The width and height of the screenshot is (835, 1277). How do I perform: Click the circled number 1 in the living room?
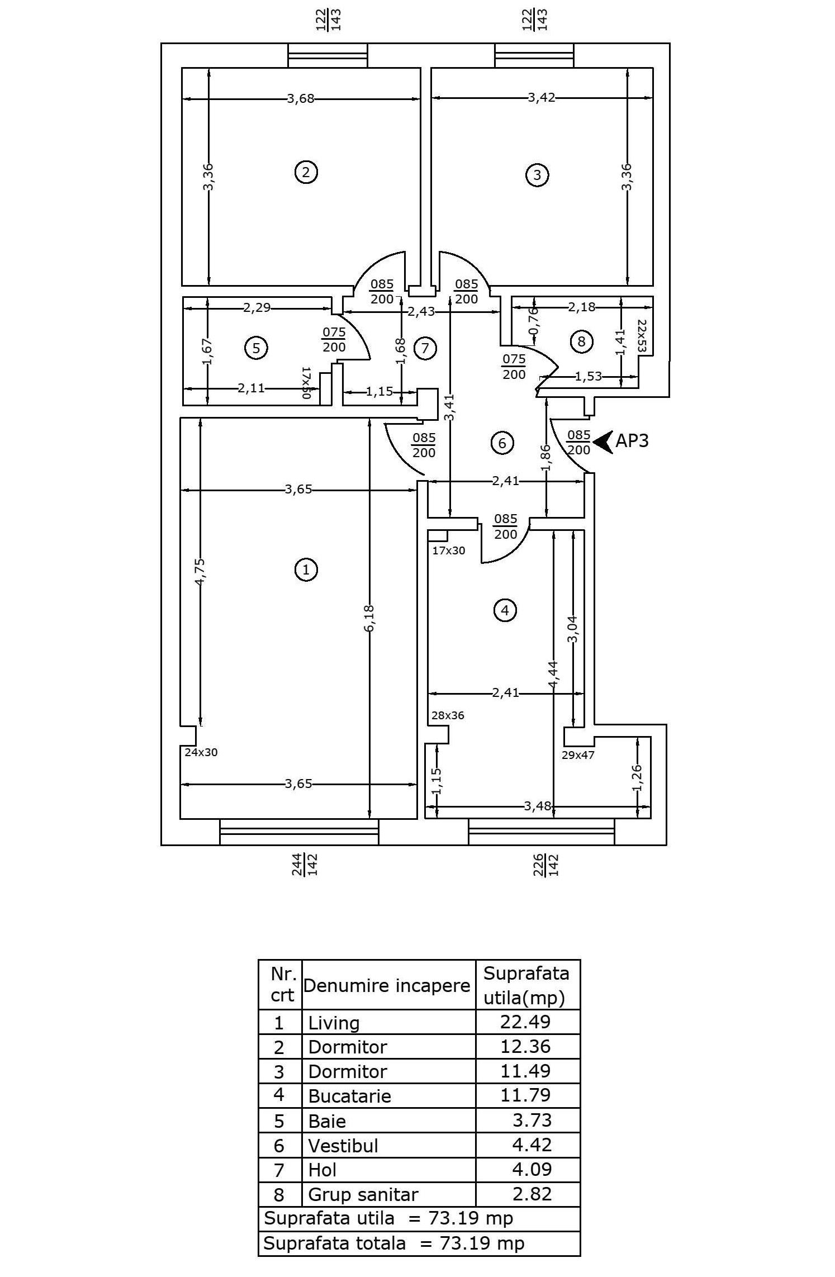tap(306, 570)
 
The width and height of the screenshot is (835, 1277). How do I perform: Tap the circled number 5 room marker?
tap(256, 348)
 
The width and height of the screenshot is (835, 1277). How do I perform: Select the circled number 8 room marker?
tap(581, 341)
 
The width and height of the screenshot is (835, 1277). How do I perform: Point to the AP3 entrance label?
tap(632, 441)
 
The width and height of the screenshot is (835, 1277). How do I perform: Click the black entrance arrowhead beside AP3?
tap(602, 442)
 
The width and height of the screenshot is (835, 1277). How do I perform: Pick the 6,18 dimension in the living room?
tap(369, 619)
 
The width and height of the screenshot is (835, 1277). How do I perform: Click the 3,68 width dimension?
tap(300, 99)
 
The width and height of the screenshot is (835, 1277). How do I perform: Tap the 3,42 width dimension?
tap(542, 98)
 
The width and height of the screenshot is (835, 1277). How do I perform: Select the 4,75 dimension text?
tap(200, 572)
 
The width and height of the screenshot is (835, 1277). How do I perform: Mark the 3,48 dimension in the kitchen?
tap(538, 806)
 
